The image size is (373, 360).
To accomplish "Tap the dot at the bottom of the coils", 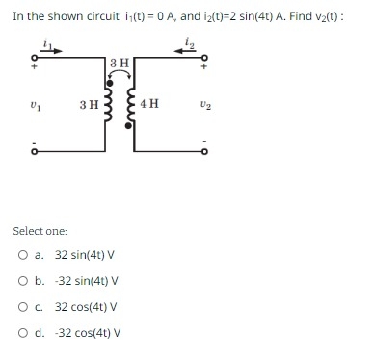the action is click(132, 173).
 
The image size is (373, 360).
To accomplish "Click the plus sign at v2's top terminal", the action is click(204, 69).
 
